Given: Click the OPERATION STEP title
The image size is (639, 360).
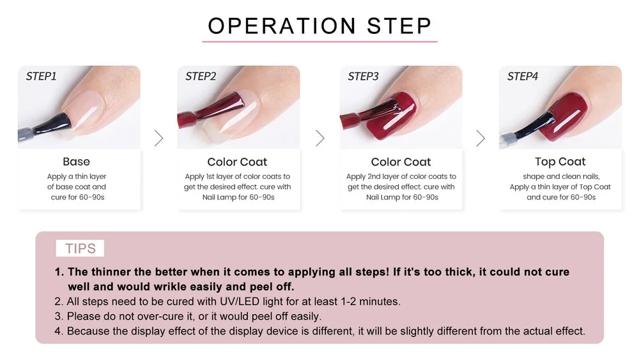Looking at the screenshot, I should (319, 26).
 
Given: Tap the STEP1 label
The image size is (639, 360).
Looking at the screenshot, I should (42, 76).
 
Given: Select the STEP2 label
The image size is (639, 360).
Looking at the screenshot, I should (201, 76).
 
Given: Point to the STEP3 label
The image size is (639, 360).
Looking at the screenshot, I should (363, 76).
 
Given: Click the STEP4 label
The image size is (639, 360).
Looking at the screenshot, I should (523, 76).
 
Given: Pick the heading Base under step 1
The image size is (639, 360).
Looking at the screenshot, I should (76, 162).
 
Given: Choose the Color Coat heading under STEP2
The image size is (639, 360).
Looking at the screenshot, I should (237, 162).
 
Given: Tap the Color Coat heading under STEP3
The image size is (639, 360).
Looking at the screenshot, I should (401, 162).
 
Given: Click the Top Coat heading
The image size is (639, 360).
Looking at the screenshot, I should (560, 162).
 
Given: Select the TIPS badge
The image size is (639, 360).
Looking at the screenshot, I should (80, 248).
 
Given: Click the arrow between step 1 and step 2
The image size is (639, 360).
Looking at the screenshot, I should (158, 138).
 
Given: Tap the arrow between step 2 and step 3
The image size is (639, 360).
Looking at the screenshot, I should (320, 138).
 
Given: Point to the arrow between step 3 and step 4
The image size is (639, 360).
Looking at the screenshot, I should (481, 138).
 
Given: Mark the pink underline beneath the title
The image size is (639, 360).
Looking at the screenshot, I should (319, 42).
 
